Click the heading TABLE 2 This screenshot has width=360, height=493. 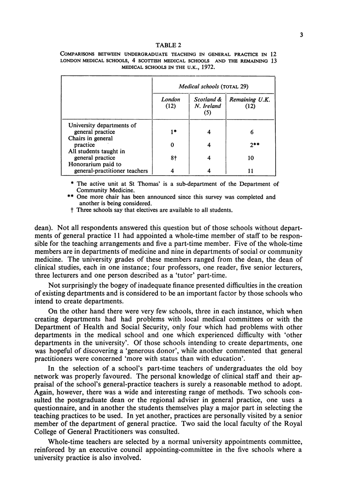pyautogui.click(x=169, y=45)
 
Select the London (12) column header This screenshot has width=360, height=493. pyautogui.click(x=170, y=104)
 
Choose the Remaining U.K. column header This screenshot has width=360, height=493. pyautogui.click(x=250, y=104)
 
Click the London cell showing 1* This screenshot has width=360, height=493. pyautogui.click(x=170, y=132)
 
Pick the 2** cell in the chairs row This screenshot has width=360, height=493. pyautogui.click(x=250, y=145)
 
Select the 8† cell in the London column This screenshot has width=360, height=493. pyautogui.click(x=170, y=158)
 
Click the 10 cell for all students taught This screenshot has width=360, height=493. pyautogui.click(x=250, y=158)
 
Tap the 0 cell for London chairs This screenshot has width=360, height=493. pyautogui.click(x=170, y=145)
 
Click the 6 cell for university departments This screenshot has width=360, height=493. pyautogui.click(x=250, y=132)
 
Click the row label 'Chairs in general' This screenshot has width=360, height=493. pyautogui.click(x=92, y=139)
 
